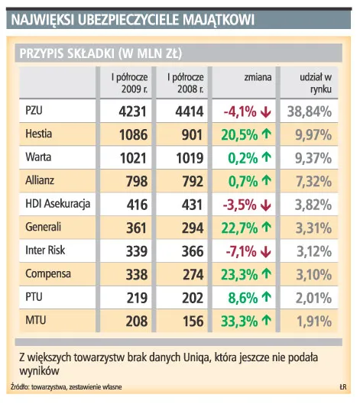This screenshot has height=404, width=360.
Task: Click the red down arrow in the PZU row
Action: click(265, 113)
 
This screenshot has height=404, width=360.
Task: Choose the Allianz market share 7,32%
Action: click(310, 182)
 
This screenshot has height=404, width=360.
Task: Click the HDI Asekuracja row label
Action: click(57, 205)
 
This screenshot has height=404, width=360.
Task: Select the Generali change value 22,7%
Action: click(238, 228)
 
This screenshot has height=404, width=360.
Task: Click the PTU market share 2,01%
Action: click(310, 296)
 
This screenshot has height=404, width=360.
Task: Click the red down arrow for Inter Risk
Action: click(265, 250)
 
